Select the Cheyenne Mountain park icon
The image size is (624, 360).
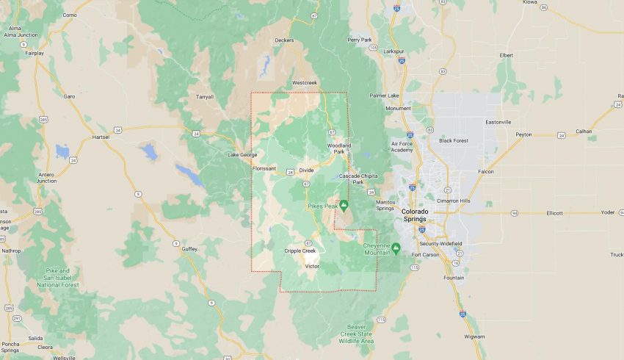coord(396,248)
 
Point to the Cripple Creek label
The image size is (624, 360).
coord(300,251)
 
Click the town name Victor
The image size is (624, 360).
coord(312,266)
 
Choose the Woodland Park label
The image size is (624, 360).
coord(339,148)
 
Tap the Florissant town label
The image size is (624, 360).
coord(264,168)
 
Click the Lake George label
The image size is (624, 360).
coord(242,154)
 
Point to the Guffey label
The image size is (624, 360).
coord(189,250)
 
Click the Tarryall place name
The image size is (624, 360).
coord(204,96)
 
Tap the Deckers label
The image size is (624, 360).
coord(284,40)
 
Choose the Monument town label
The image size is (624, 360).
coord(399,108)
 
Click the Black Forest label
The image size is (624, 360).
coord(453,140)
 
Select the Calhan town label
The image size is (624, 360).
coord(584,131)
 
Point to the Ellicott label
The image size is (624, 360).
coord(554,213)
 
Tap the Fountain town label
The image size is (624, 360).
coord(454,277)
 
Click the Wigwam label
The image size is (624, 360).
coord(474,336)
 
